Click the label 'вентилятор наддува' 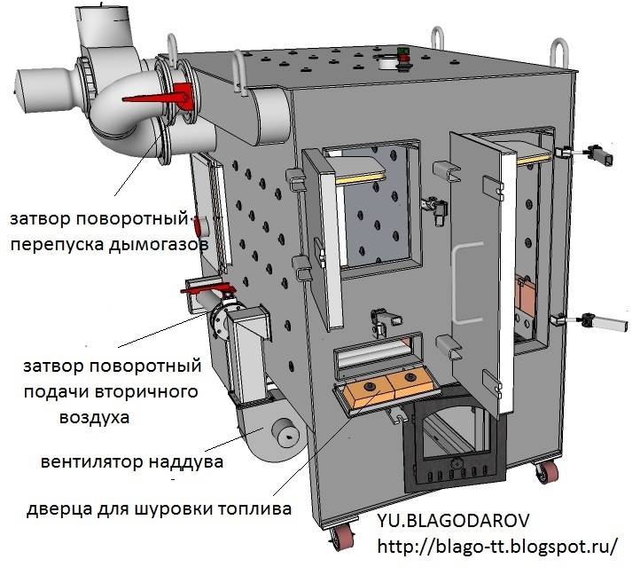tap(132, 462)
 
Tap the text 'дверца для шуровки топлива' tap(159, 509)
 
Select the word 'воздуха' tap(94, 417)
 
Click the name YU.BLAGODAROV tap(453, 521)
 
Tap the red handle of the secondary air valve tap(208, 289)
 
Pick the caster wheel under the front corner tap(340, 537)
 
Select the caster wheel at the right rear tap(547, 471)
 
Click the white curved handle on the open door tap(460, 283)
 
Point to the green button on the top tap(403, 51)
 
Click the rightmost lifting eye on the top tap(559, 51)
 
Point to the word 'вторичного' tap(146, 392)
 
